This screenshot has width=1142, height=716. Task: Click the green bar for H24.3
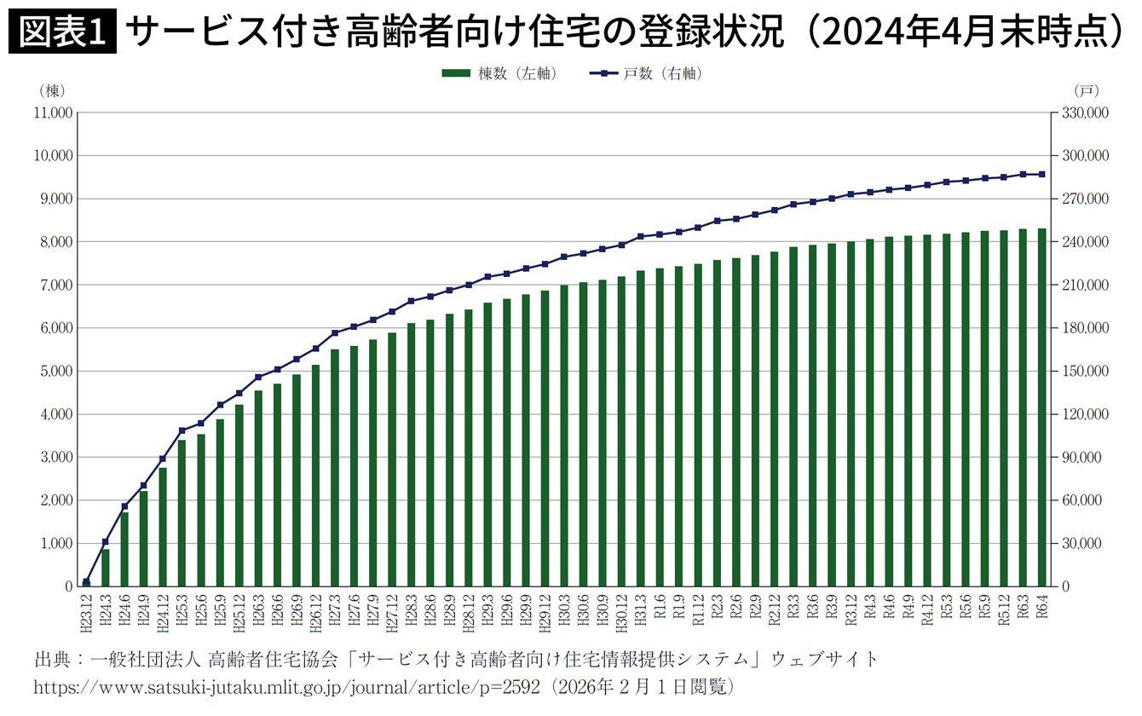pos(106,568)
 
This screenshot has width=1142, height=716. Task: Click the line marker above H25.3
pos(182,430)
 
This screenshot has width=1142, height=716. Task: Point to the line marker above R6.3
pos(1023,174)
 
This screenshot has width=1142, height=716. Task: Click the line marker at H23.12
pos(86,582)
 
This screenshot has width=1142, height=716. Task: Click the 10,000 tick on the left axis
pos(51,156)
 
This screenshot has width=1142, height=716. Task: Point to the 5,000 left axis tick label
pos(55,372)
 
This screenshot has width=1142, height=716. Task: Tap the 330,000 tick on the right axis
pos(1085,113)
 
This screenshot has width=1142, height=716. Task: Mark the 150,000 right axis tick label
pos(1085,372)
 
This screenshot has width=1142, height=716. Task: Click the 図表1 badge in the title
pos(61,32)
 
